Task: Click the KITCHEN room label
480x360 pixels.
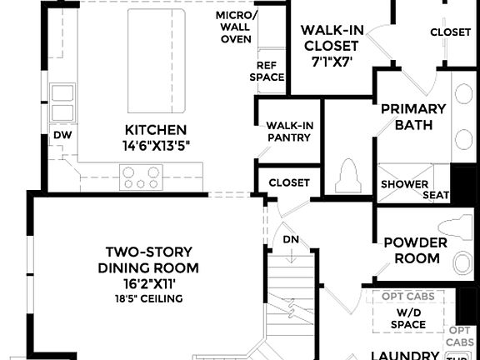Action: pyautogui.click(x=155, y=130)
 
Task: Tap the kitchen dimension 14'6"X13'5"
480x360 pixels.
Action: pyautogui.click(x=155, y=145)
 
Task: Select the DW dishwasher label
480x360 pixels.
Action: pyautogui.click(x=62, y=134)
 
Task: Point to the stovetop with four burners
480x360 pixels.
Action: pyautogui.click(x=141, y=177)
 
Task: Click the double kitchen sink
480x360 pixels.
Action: pyautogui.click(x=62, y=102)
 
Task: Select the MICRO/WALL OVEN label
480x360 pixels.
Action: pyautogui.click(x=236, y=27)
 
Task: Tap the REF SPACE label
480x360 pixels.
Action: pyautogui.click(x=266, y=71)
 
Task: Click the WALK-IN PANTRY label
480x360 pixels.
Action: pyautogui.click(x=288, y=132)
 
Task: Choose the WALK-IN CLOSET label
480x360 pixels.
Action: pyautogui.click(x=332, y=37)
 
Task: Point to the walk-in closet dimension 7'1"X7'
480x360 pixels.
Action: pyautogui.click(x=332, y=62)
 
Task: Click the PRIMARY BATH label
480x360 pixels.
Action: pyautogui.click(x=413, y=117)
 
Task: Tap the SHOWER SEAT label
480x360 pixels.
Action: pyautogui.click(x=414, y=190)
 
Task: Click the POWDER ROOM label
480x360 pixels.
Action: pyautogui.click(x=414, y=250)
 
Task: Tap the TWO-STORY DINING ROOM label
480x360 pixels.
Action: pyautogui.click(x=148, y=259)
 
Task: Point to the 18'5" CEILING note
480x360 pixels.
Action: pyautogui.click(x=148, y=297)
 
